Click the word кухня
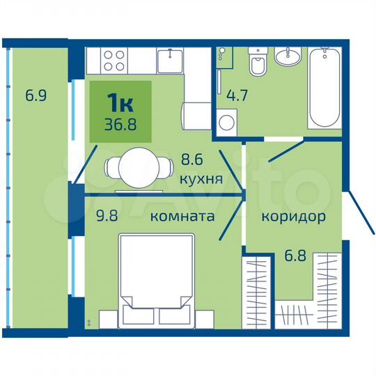201,179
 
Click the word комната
182,217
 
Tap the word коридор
293,217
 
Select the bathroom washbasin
288,56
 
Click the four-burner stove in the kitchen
113,59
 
